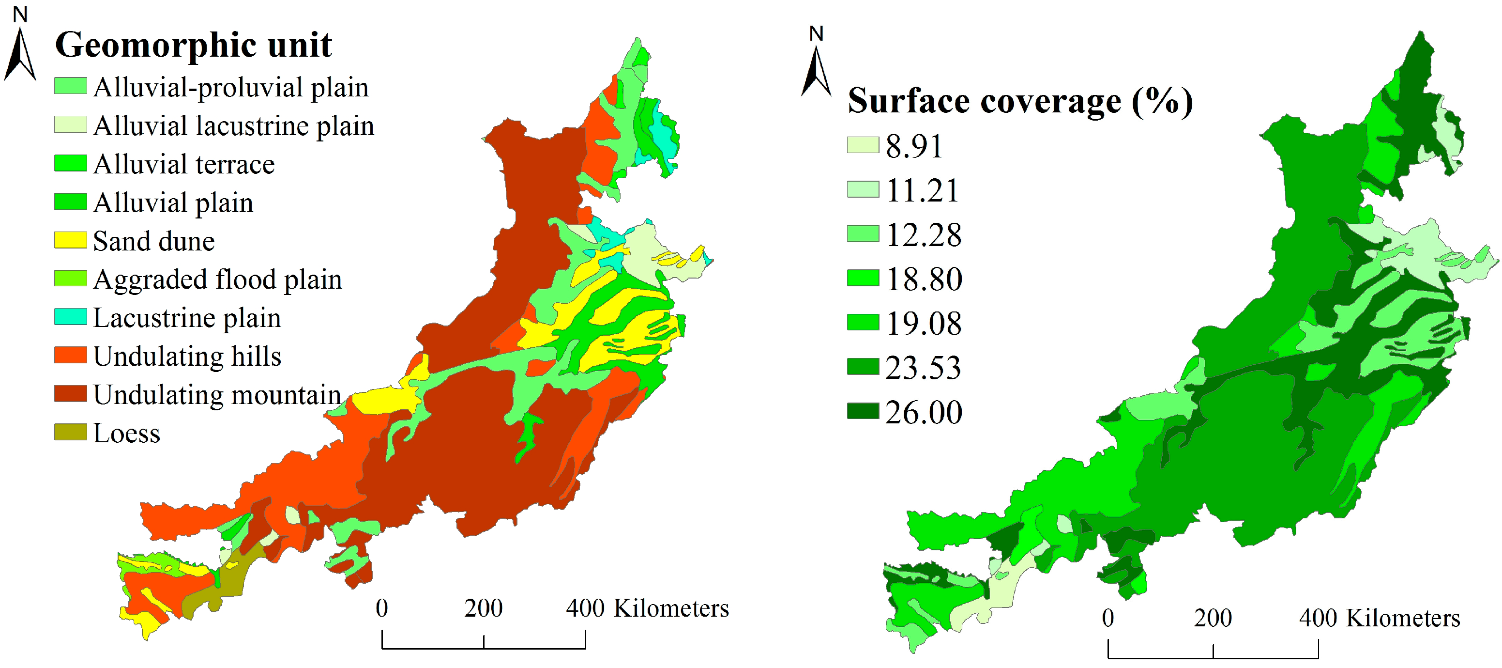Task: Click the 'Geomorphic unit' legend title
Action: tap(193, 45)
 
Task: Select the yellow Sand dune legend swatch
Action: tap(71, 240)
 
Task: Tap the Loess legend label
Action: tap(126, 434)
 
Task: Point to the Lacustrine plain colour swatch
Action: tap(71, 317)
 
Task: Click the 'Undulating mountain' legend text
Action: tap(217, 395)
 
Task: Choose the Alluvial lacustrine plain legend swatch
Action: tap(71, 125)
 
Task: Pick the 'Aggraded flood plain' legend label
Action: tap(217, 280)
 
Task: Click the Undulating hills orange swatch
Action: tap(71, 355)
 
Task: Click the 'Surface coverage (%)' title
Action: tap(1020, 101)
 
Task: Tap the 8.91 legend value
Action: tap(914, 146)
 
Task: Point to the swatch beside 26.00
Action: tap(863, 411)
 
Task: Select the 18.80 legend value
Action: tap(924, 279)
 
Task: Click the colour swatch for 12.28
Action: tap(863, 234)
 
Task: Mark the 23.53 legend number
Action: tap(923, 368)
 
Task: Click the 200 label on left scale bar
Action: tap(484, 608)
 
